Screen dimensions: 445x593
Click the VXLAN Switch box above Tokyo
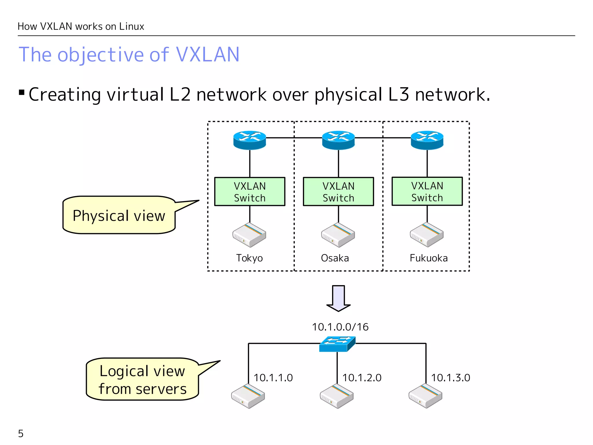(250, 192)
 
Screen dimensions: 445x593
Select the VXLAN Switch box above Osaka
(338, 192)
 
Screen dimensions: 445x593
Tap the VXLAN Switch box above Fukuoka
(427, 191)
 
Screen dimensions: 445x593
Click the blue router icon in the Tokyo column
(250, 140)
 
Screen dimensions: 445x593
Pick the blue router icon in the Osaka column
(338, 140)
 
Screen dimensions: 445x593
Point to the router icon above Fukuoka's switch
(427, 140)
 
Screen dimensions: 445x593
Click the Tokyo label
(249, 258)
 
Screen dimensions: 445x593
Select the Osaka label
(335, 258)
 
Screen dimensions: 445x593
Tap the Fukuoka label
(429, 258)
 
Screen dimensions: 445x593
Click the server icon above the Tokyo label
(249, 235)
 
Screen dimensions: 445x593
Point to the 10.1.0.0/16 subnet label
(340, 327)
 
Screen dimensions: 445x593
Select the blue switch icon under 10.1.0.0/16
(337, 344)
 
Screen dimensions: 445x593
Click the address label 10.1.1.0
(273, 377)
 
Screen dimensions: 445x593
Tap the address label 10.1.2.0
(362, 377)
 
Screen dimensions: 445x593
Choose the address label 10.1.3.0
(451, 377)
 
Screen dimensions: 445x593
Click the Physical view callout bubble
(119, 215)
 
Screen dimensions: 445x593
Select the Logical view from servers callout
(142, 379)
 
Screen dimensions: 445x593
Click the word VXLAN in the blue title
(208, 54)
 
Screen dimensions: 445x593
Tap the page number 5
(21, 433)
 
